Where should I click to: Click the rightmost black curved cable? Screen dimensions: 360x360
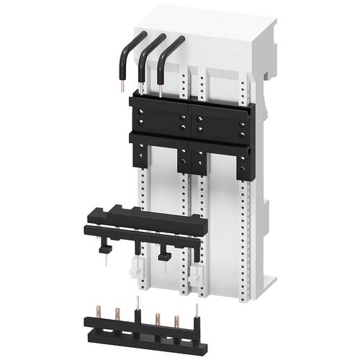170,58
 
